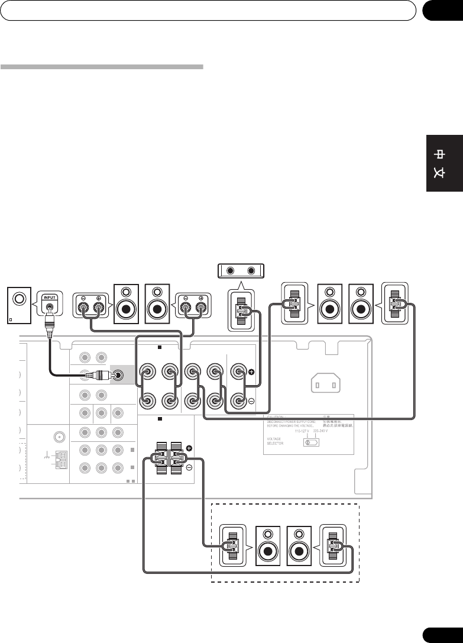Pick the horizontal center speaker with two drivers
[x=241, y=272]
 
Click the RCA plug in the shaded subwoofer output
[x=119, y=374]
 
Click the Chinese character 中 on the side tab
[x=439, y=155]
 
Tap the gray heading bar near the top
[x=102, y=67]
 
